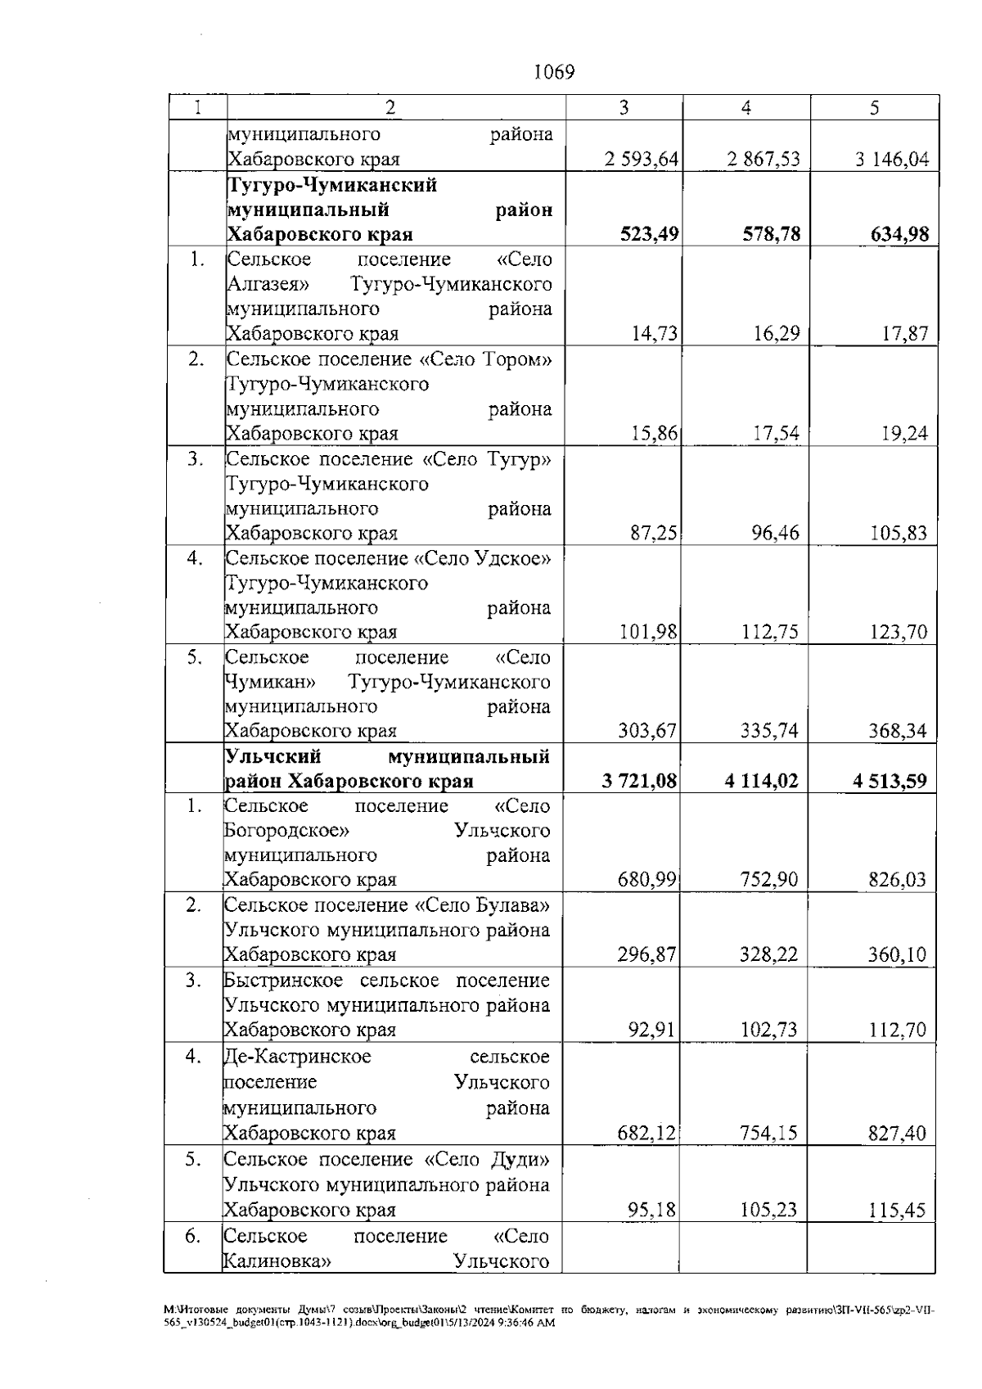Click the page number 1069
(554, 72)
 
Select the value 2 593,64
(642, 160)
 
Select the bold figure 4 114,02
(761, 782)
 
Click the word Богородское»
(287, 831)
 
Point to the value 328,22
(768, 955)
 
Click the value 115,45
(897, 1211)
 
